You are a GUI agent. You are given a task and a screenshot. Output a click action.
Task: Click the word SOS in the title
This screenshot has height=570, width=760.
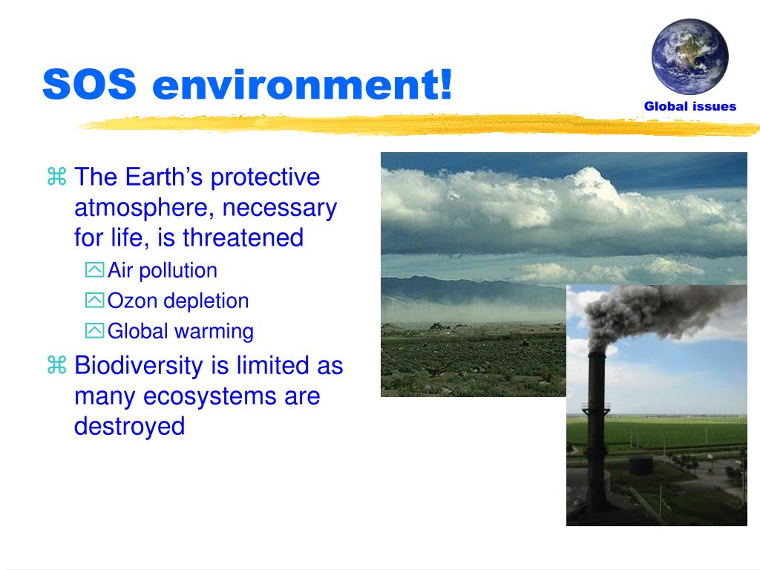[90, 85]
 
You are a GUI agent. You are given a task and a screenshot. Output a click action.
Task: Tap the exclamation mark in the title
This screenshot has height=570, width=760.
[446, 83]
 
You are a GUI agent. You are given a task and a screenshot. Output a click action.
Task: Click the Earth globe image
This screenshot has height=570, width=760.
[689, 56]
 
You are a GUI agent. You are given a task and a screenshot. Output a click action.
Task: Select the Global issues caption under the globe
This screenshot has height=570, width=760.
[689, 106]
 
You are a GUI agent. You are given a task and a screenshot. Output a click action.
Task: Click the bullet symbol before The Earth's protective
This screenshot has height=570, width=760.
[56, 177]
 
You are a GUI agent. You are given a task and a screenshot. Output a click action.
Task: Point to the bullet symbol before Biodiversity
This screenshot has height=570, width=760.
[56, 364]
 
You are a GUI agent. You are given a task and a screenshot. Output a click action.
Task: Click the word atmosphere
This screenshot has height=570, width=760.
[144, 209]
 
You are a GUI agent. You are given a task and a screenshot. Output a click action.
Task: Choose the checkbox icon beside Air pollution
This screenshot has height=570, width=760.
[94, 269]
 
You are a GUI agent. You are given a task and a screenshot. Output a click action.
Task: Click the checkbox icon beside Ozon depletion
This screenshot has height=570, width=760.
[94, 301]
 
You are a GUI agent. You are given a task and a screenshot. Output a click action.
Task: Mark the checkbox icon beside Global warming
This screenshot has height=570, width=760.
[94, 331]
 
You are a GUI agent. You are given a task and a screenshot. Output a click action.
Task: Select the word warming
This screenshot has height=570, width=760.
[214, 332]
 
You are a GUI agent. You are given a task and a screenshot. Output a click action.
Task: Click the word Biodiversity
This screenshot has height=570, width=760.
[139, 366]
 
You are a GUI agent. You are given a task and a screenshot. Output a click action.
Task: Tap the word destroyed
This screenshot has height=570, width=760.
[129, 427]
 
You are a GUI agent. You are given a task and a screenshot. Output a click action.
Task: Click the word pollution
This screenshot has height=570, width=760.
[178, 271]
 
